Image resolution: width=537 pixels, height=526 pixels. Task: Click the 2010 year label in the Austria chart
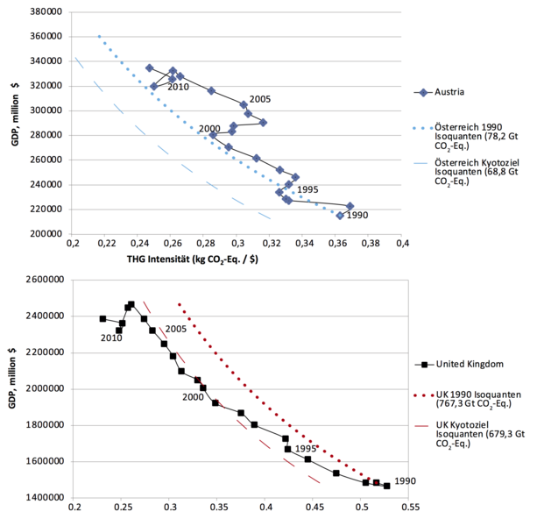click(179, 87)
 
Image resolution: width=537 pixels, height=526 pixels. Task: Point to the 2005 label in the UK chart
click(178, 329)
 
